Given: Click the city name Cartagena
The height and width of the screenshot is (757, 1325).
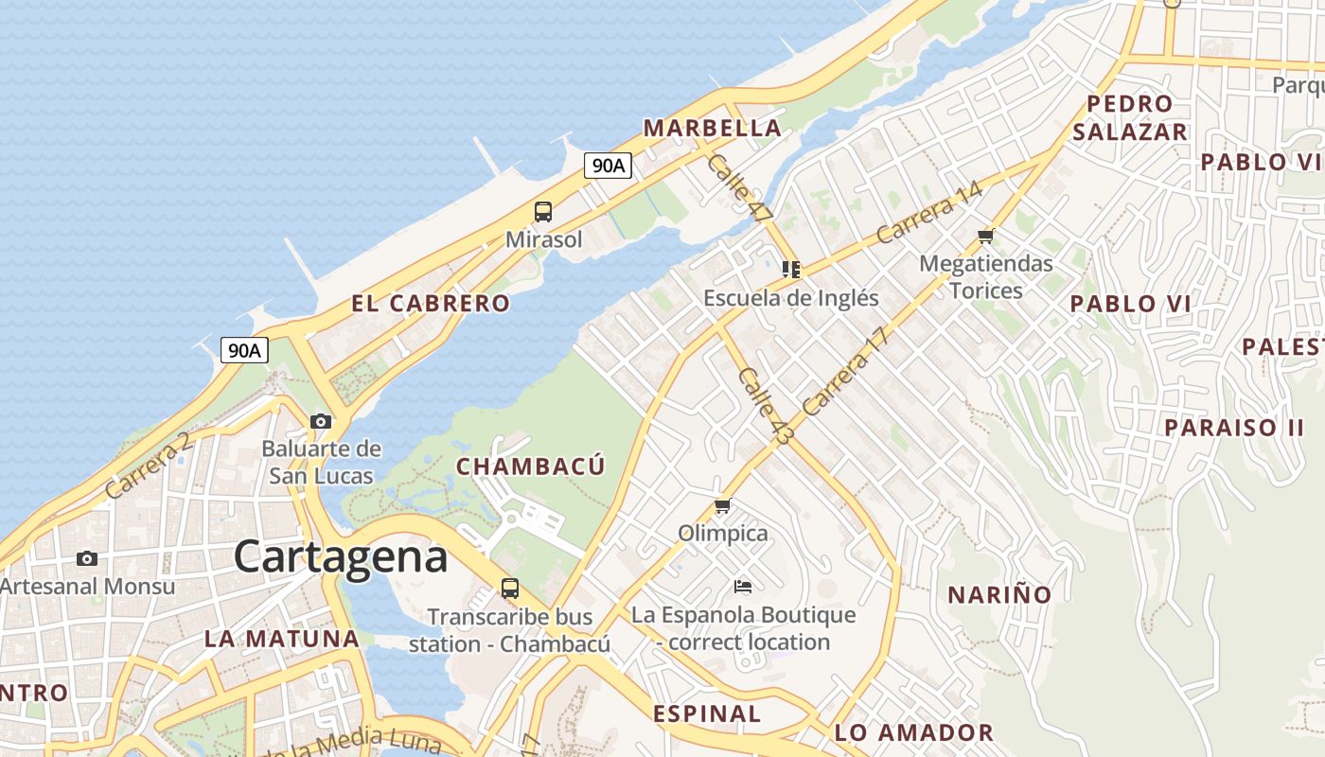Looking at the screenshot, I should pyautogui.click(x=341, y=556).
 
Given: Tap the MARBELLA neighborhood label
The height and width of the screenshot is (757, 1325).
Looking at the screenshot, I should pyautogui.click(x=712, y=128).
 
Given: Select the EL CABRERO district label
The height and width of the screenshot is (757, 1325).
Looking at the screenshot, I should pyautogui.click(x=431, y=304).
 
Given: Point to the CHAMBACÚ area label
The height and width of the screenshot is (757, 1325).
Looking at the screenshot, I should pyautogui.click(x=530, y=467).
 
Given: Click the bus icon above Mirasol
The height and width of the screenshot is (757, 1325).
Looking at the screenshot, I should pyautogui.click(x=543, y=212).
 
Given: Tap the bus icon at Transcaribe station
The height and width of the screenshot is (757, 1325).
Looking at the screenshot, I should pyautogui.click(x=510, y=589).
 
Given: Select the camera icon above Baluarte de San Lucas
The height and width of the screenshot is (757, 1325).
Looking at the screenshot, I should pyautogui.click(x=321, y=421).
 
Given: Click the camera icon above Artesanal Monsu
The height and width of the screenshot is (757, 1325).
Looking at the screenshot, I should pyautogui.click(x=87, y=559).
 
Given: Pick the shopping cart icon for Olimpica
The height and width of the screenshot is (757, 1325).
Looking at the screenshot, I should pyautogui.click(x=723, y=506).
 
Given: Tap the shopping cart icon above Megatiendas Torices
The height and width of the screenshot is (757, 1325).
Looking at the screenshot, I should pyautogui.click(x=986, y=236).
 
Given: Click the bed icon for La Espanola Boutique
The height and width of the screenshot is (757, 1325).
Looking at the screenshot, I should pyautogui.click(x=743, y=587).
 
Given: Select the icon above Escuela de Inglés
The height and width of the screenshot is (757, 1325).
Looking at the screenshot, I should pyautogui.click(x=791, y=270).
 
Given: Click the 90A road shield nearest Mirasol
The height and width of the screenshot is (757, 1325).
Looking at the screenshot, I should pyautogui.click(x=608, y=166).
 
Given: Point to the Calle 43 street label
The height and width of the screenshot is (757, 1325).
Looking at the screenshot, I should pyautogui.click(x=765, y=407).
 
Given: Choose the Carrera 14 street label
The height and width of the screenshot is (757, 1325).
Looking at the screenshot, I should pyautogui.click(x=928, y=212).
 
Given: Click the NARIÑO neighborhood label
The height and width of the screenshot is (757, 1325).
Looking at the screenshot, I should pyautogui.click(x=999, y=595).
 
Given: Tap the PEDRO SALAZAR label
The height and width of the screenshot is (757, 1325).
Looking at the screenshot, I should pyautogui.click(x=1129, y=117).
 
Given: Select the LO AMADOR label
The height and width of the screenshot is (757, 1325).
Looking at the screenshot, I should pyautogui.click(x=913, y=732).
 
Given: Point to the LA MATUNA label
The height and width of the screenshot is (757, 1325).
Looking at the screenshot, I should pyautogui.click(x=282, y=639).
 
